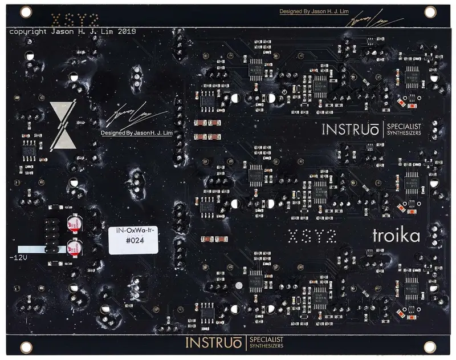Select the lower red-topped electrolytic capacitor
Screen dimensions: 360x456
click(74, 246)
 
